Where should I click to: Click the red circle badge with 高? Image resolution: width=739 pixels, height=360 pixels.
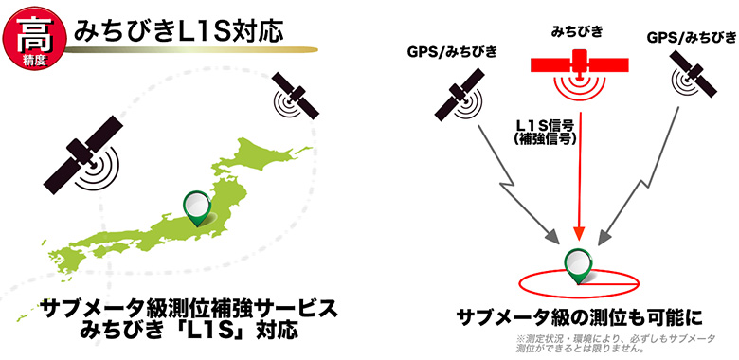coord(31,28)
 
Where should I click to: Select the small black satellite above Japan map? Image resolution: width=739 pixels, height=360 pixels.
coord(296,97)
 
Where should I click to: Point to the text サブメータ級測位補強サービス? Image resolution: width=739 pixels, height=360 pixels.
coord(189,308)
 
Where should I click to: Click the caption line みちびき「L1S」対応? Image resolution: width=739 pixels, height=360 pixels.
coord(189,333)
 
